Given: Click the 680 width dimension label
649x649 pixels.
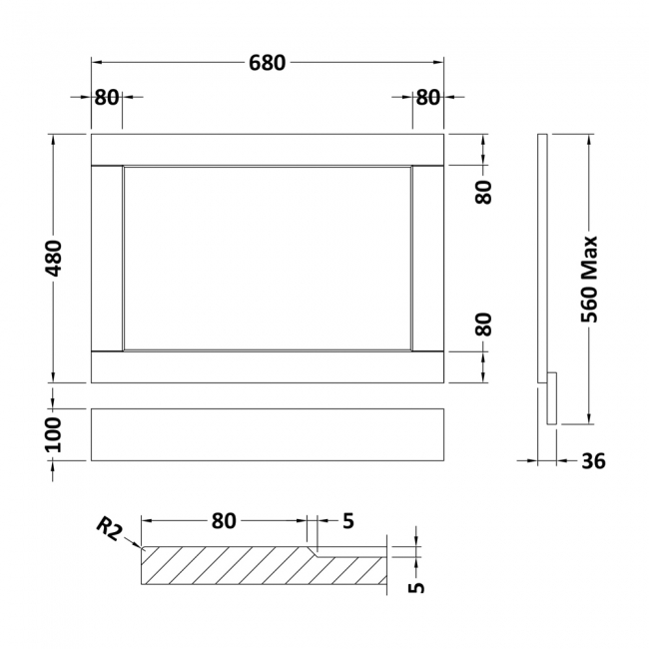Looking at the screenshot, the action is click(267, 63).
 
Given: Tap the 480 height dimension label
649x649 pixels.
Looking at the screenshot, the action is click(54, 259).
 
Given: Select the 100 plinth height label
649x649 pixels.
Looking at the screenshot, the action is click(53, 434).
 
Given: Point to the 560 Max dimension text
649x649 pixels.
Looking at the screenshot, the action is click(589, 279).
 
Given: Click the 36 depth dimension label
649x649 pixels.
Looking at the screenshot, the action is click(593, 460).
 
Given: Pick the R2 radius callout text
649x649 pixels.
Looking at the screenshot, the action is click(110, 529).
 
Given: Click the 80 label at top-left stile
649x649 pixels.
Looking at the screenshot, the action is click(107, 98).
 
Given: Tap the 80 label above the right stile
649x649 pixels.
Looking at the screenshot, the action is click(428, 98).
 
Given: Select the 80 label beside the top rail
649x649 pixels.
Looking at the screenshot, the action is click(483, 192).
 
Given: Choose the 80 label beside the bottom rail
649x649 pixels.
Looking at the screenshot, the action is click(483, 324).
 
